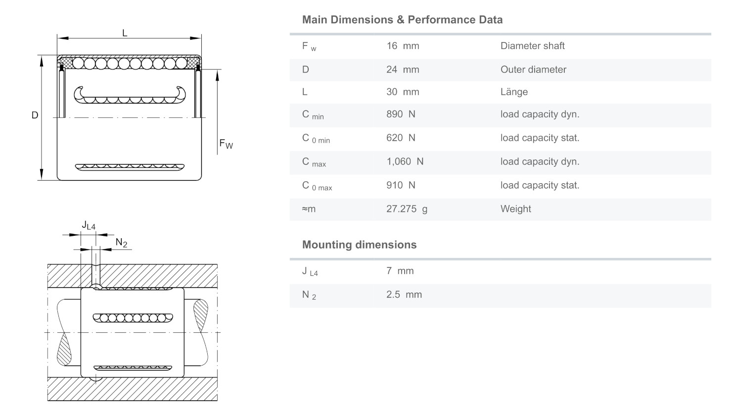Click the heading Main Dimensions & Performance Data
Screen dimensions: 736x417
point(402,20)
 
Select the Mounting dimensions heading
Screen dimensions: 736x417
point(359,245)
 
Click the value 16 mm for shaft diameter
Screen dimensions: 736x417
point(403,46)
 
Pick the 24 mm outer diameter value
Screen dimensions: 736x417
point(403,69)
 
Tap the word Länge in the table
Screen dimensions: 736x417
point(514,92)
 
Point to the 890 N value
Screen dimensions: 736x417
point(401,114)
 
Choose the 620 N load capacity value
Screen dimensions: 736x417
point(401,138)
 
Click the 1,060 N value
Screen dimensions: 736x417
point(405,161)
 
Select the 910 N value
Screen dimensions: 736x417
point(401,185)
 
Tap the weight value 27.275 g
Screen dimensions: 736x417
point(407,209)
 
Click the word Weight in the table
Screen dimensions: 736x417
point(515,209)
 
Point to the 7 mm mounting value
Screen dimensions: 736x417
point(400,271)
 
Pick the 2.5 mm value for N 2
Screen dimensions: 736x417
point(404,294)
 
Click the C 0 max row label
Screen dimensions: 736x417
point(317,186)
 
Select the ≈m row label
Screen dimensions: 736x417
point(309,209)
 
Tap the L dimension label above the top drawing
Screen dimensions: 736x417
point(125,33)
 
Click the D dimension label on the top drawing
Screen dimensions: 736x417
point(35,115)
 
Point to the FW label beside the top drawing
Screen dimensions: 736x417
point(226,144)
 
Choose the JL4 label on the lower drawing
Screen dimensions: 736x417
point(89,225)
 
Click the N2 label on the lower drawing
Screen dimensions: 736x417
point(121,243)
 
